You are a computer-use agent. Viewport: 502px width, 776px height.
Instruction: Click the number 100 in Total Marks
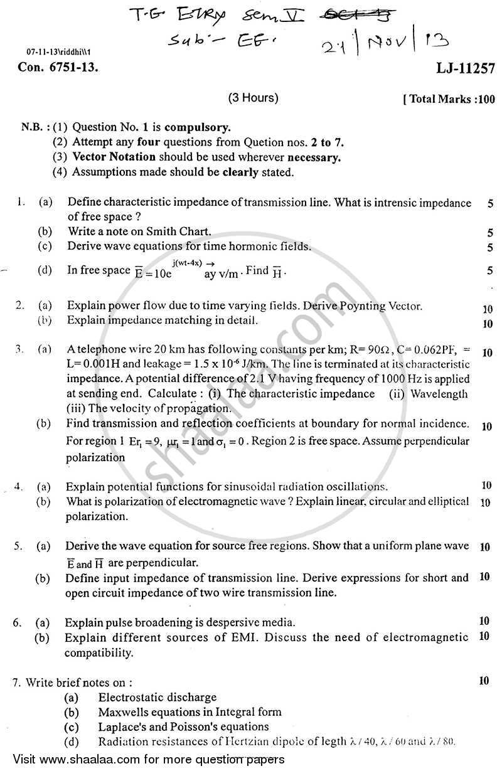coord(485,99)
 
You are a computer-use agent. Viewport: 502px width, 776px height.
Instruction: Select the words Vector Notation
coord(109,157)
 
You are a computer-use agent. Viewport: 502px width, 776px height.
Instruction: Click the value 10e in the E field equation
coord(162,272)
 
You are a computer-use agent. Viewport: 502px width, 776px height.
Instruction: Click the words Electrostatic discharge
coord(157,697)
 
